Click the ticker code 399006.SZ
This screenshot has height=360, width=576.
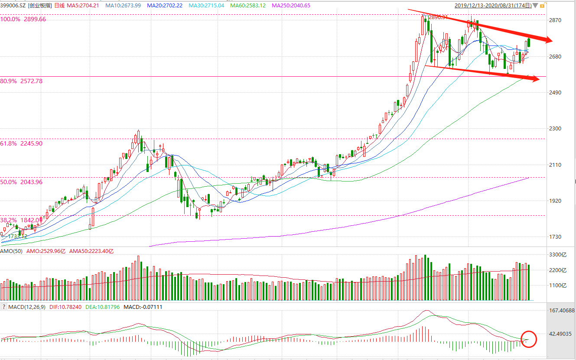tap(13, 6)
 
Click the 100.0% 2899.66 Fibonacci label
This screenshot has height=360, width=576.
tap(23, 19)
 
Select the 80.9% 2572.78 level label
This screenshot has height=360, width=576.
tap(22, 81)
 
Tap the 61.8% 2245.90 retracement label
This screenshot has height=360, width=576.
tap(22, 143)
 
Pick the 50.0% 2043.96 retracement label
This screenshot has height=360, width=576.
tap(22, 182)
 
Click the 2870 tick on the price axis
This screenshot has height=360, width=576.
tap(556, 20)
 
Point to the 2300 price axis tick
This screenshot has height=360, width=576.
tap(556, 129)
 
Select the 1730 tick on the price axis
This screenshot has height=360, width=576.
tap(556, 237)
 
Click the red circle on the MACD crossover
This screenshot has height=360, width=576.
tap(528, 339)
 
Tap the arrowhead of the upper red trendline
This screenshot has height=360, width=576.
tap(549, 41)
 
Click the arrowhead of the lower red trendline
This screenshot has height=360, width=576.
tap(536, 79)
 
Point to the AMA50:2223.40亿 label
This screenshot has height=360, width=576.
tap(91, 251)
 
